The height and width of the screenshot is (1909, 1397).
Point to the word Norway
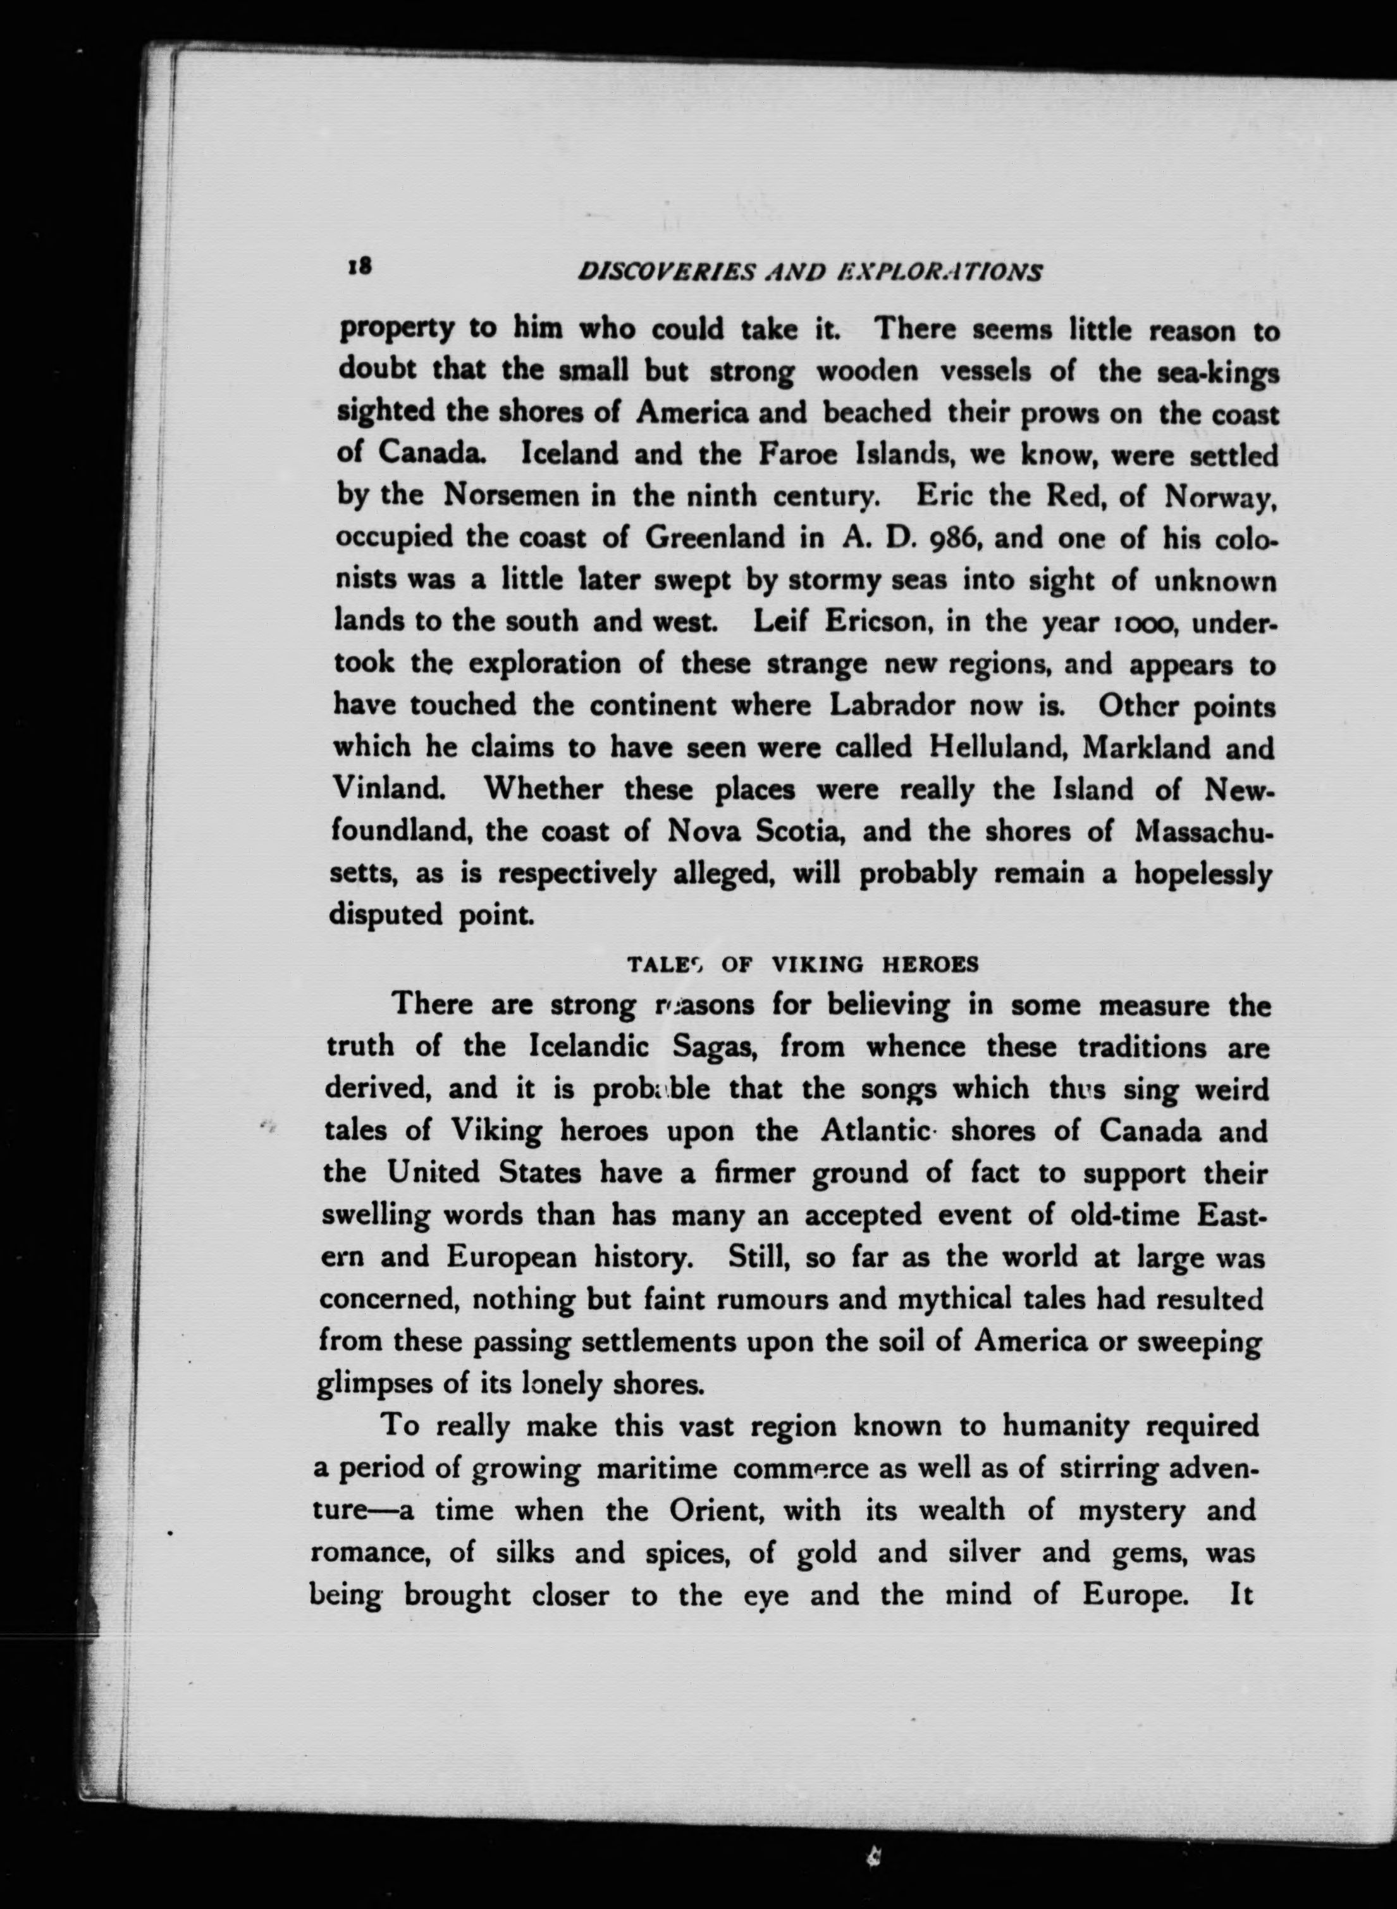(x=1219, y=497)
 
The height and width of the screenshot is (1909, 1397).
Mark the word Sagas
(x=710, y=1047)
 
